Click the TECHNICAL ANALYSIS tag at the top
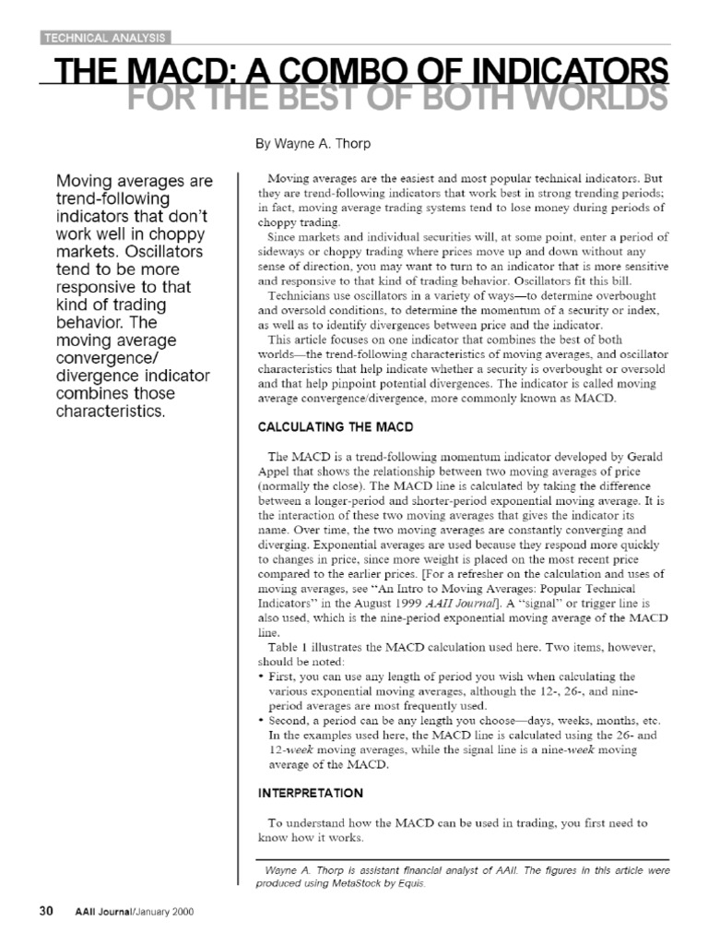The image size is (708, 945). (106, 38)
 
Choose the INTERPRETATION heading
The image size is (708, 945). (309, 793)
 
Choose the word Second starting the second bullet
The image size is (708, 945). (291, 720)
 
